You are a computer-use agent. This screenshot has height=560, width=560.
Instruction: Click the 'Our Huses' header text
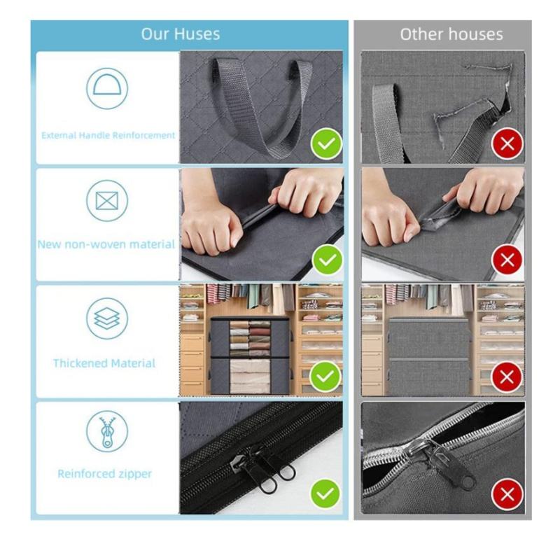coord(181,34)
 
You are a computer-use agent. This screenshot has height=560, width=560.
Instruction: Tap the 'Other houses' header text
coord(451,34)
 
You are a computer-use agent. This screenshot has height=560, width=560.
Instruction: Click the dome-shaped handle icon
coord(107,88)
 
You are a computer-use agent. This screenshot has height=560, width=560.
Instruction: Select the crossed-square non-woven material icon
coord(107,202)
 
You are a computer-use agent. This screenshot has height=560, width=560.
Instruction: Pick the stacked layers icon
coord(107,318)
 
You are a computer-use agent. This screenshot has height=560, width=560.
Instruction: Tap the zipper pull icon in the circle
coord(107,431)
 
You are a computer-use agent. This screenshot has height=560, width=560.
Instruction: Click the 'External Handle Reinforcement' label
coord(108,135)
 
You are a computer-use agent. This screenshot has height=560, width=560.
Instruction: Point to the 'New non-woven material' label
coord(106,244)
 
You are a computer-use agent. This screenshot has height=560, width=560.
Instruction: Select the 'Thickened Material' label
coord(104,363)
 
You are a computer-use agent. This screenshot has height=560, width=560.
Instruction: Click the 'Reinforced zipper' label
coord(105,474)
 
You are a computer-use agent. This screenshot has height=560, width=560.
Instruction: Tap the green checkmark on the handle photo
coord(326,145)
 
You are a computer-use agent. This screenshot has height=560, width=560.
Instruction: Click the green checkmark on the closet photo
coord(326,378)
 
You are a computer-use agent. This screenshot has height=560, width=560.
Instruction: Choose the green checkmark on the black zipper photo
coord(326,494)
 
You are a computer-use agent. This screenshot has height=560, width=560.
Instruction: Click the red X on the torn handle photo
coord(507,145)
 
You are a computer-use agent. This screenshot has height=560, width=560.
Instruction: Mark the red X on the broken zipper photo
coord(507,494)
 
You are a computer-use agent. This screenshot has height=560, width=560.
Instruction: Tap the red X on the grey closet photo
coord(507,378)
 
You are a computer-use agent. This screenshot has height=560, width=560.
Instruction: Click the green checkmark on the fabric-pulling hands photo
coord(326,261)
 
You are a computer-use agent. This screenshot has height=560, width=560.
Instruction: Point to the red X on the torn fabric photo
coord(507,261)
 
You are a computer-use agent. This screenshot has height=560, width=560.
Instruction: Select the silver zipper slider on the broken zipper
coord(448,462)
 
